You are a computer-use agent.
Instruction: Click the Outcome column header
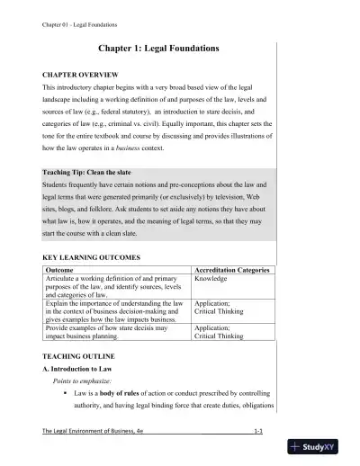click(59, 270)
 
